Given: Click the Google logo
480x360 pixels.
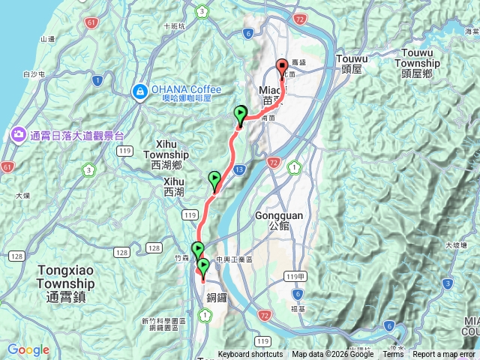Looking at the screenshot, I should point(28,349).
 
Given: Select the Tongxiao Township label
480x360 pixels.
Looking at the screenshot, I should point(65,277).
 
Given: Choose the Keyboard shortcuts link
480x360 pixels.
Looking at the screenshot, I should point(250,355).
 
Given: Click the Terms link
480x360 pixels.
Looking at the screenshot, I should point(393,355).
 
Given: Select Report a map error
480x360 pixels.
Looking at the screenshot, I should point(445,355).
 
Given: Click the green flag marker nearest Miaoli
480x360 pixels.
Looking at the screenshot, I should point(241,115).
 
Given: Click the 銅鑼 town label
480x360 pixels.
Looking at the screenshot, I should point(217,298).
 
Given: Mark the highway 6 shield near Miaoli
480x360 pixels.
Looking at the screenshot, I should point(247,33).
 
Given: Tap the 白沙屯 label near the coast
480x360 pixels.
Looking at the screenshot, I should point(34,74).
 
